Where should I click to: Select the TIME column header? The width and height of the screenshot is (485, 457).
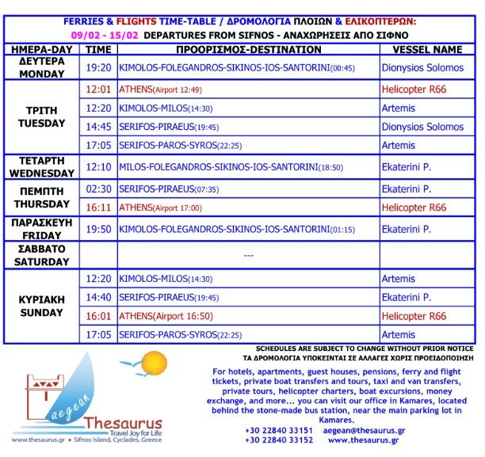click(98, 49)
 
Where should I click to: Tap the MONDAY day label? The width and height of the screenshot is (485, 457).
click(41, 74)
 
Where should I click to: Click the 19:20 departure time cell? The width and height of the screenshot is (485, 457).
click(98, 68)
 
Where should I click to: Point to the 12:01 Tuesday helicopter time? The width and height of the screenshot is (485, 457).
click(98, 89)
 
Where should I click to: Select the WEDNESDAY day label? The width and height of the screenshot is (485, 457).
click(41, 173)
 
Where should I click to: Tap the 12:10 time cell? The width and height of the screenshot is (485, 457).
click(98, 167)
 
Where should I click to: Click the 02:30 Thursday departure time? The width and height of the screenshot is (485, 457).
click(98, 189)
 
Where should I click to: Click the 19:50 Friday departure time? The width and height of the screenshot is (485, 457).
click(98, 229)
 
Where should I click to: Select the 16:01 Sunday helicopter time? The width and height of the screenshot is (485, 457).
click(98, 316)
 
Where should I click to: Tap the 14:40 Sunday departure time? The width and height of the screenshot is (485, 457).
click(98, 297)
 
